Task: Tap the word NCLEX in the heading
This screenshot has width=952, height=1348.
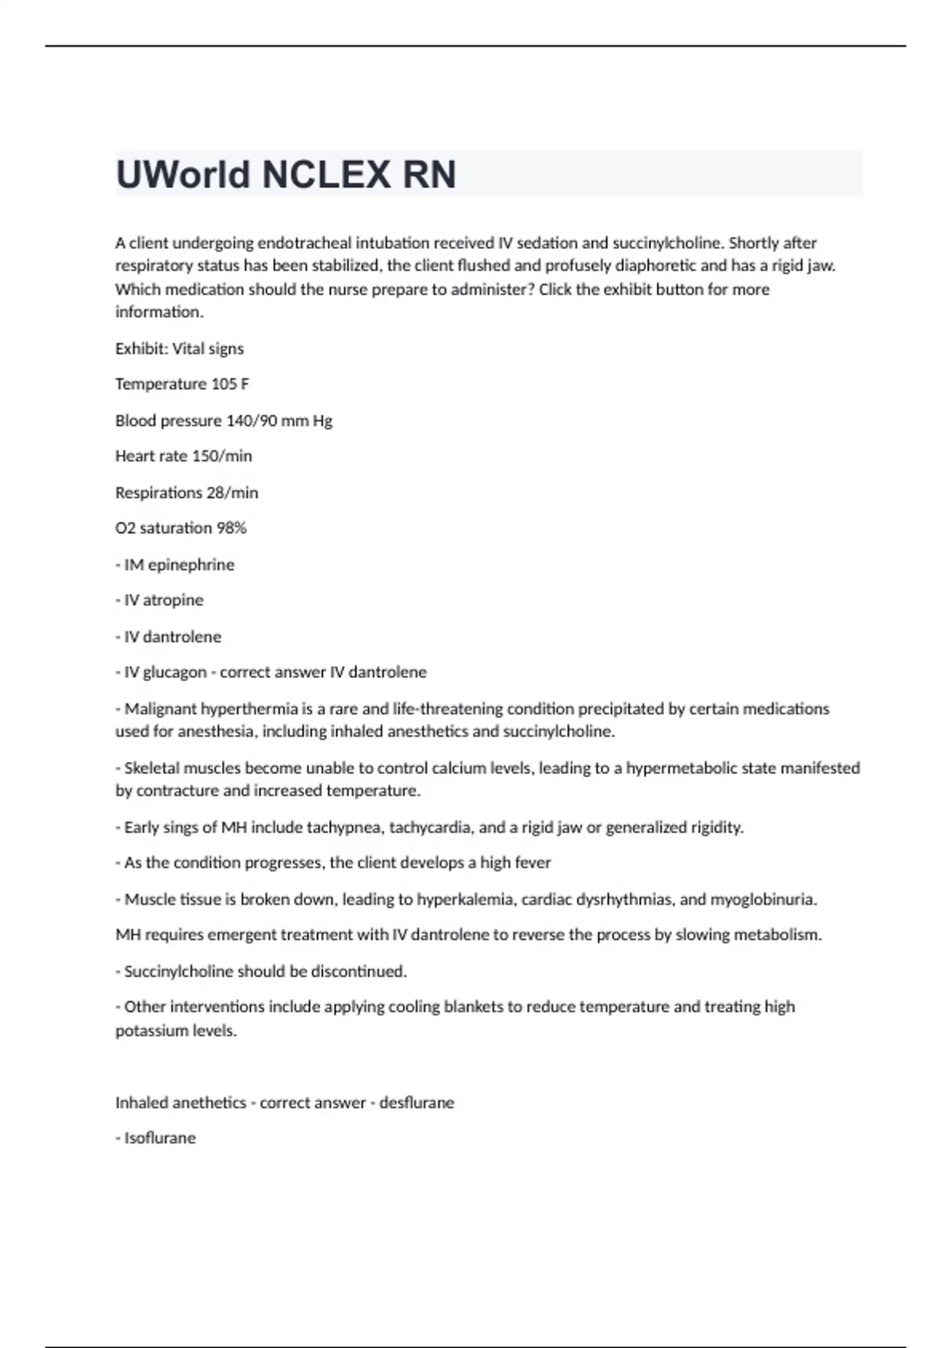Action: tap(326, 175)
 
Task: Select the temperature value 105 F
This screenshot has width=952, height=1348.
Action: tap(230, 385)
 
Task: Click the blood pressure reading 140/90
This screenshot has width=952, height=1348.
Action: tap(251, 421)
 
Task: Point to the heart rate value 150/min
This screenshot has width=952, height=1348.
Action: tap(222, 456)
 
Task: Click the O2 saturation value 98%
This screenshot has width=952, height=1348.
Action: tap(232, 528)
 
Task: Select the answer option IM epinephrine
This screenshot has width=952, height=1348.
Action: tap(178, 565)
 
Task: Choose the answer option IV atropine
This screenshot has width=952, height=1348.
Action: tap(163, 600)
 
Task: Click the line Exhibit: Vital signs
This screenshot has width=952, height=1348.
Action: tap(179, 349)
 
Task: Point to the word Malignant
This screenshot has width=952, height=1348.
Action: tap(161, 709)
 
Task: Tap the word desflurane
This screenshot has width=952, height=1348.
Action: tap(416, 1103)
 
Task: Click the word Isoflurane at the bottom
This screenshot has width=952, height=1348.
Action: tap(159, 1139)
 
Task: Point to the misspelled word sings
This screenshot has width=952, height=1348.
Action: tap(179, 828)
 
